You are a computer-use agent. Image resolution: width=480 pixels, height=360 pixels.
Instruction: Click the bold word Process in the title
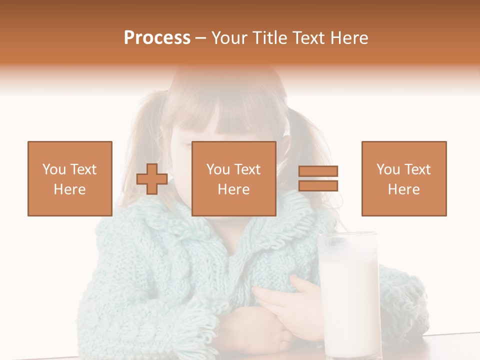point(157,37)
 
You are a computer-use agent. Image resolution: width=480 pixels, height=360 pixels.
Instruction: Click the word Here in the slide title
point(347,37)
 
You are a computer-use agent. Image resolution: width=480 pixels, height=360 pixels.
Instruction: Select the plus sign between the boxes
point(152,179)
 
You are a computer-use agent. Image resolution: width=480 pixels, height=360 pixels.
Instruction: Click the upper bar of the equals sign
point(318,171)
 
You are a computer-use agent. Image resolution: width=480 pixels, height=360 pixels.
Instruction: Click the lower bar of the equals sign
point(318,186)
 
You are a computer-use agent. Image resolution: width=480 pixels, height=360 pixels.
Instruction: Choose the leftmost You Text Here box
point(70,178)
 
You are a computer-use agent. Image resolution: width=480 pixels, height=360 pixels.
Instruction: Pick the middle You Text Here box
point(234,178)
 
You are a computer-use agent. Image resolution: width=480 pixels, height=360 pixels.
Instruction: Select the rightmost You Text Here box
point(404,178)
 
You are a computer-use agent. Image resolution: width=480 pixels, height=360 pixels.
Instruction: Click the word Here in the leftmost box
point(70,189)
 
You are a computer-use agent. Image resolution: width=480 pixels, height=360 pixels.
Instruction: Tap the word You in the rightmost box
point(388,169)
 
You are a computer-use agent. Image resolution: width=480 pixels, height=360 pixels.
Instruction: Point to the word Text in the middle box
point(247,169)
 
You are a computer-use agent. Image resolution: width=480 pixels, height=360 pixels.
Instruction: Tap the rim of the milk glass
point(348,235)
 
